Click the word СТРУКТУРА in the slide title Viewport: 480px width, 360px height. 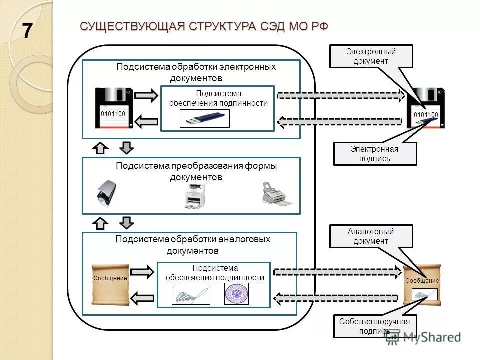(x=222, y=26)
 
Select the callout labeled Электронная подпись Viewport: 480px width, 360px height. (x=375, y=154)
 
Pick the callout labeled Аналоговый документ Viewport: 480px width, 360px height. (x=371, y=236)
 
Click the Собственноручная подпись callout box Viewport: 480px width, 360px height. (x=374, y=326)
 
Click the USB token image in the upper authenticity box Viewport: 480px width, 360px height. (x=204, y=119)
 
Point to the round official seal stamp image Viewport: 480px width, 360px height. (x=236, y=294)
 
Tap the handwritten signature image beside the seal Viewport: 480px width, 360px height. (x=191, y=296)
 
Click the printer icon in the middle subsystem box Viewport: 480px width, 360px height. (x=195, y=197)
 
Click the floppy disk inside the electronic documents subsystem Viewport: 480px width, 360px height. (x=114, y=108)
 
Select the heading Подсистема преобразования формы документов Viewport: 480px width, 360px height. (x=196, y=171)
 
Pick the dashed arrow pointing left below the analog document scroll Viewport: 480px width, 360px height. (x=338, y=299)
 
